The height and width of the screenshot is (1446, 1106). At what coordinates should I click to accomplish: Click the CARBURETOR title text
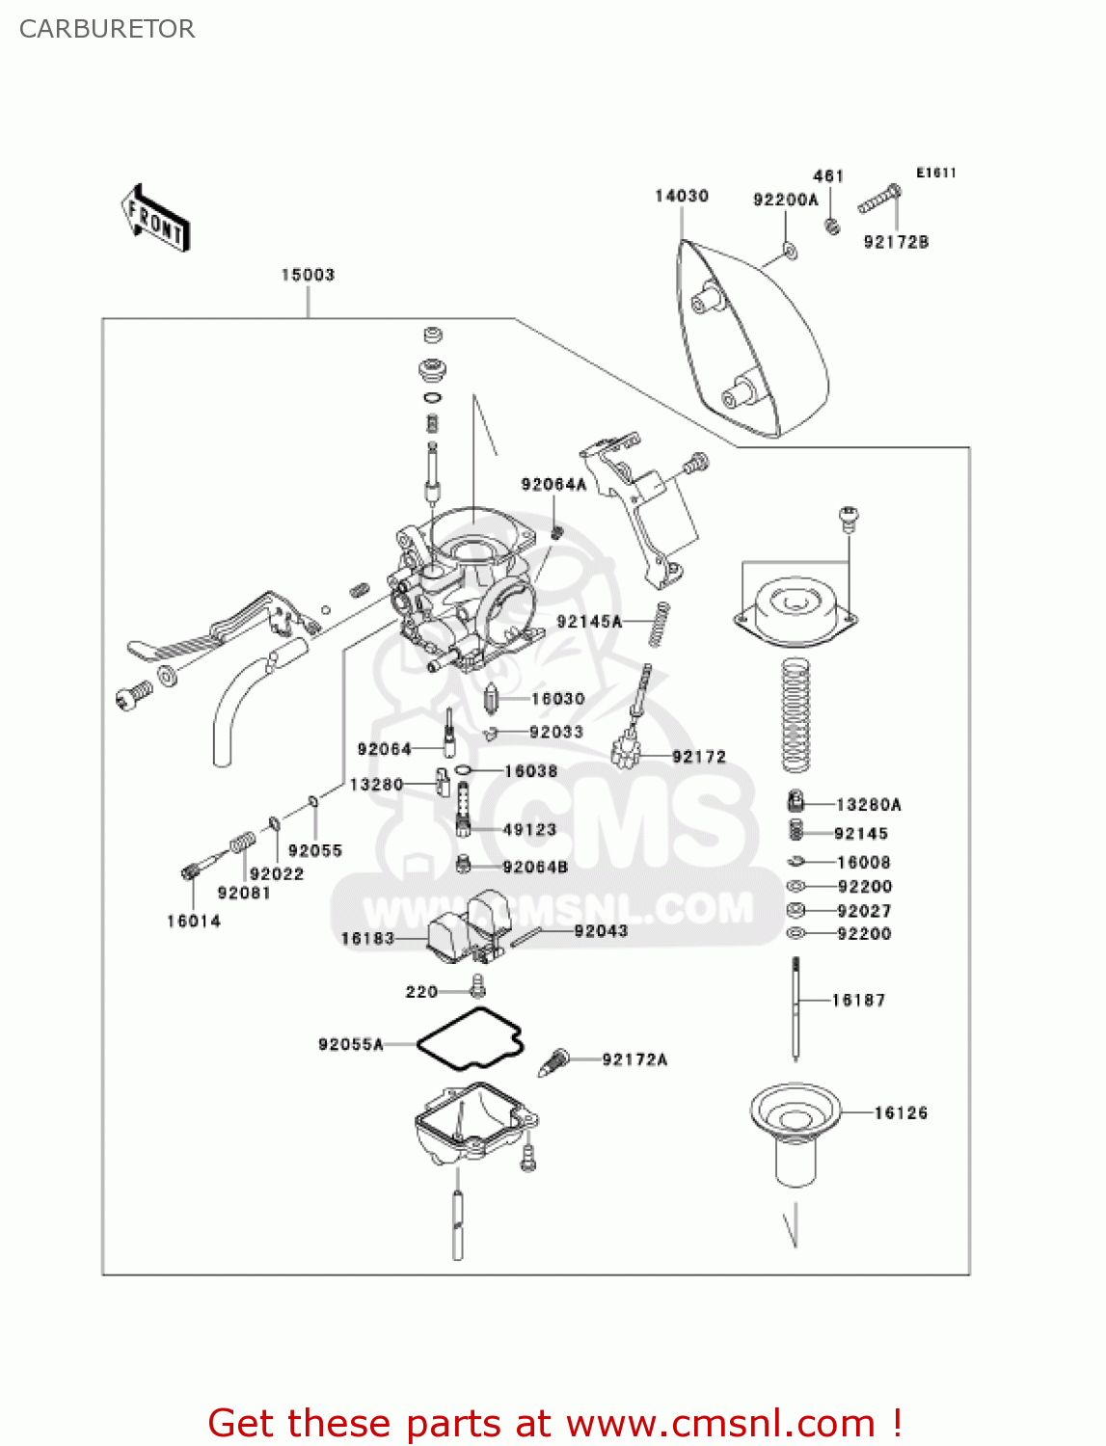pyautogui.click(x=107, y=29)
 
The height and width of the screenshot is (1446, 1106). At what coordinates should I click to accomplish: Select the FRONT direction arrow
pyautogui.click(x=155, y=219)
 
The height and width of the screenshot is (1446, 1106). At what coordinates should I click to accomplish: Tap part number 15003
pyautogui.click(x=308, y=275)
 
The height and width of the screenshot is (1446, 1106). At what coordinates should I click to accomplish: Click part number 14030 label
pyautogui.click(x=682, y=196)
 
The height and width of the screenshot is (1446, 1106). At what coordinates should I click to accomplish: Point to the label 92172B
pyautogui.click(x=896, y=242)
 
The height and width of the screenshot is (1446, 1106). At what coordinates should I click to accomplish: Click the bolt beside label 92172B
pyautogui.click(x=878, y=201)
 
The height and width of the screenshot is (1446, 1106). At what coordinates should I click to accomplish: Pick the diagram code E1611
pyautogui.click(x=935, y=173)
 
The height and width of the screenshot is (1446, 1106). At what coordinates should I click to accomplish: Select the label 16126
pyautogui.click(x=901, y=1112)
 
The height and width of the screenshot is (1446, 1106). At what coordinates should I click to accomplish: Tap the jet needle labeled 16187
pyautogui.click(x=796, y=1007)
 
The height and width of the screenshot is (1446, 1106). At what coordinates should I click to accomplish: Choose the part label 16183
pyautogui.click(x=367, y=938)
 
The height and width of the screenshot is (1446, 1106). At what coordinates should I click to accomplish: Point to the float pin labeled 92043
pyautogui.click(x=529, y=936)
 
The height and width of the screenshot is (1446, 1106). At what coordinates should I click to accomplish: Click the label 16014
pyautogui.click(x=194, y=921)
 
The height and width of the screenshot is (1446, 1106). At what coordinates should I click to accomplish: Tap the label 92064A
pyautogui.click(x=553, y=484)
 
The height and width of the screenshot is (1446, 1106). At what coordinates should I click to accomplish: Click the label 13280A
pyautogui.click(x=868, y=804)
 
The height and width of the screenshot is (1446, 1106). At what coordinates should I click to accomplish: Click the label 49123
pyautogui.click(x=529, y=829)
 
